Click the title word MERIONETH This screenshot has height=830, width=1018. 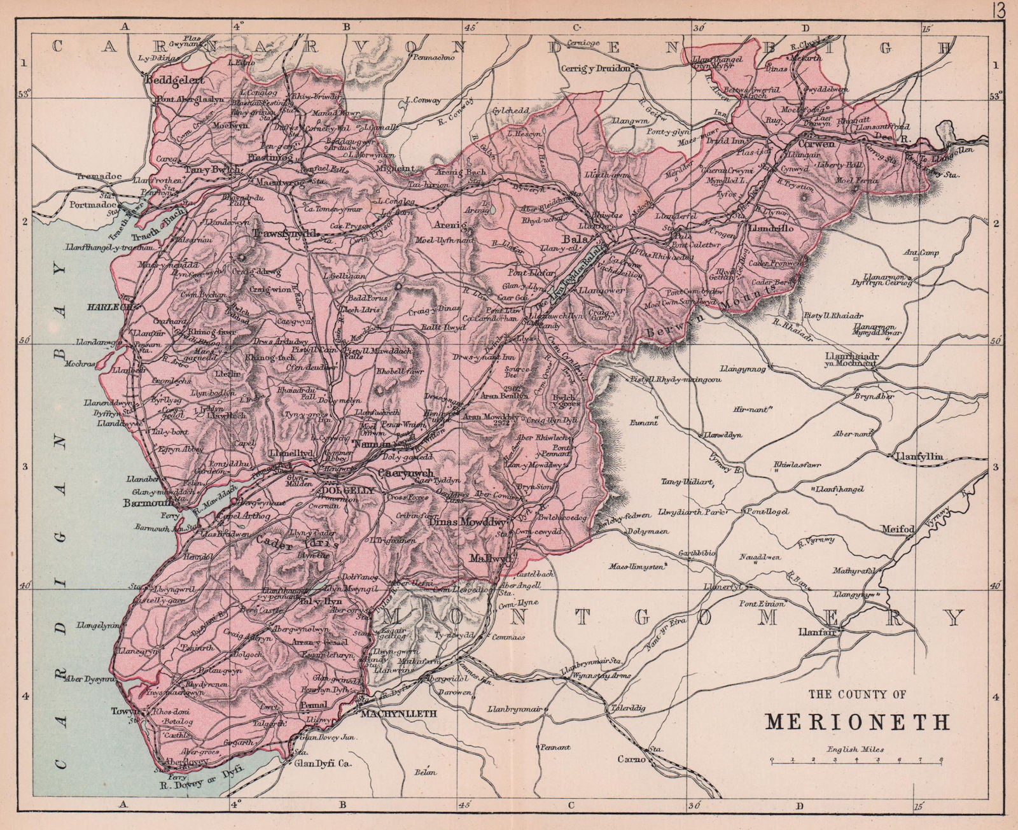point(857,721)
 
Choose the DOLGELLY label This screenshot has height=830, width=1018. point(344,491)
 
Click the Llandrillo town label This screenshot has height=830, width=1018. point(772,227)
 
